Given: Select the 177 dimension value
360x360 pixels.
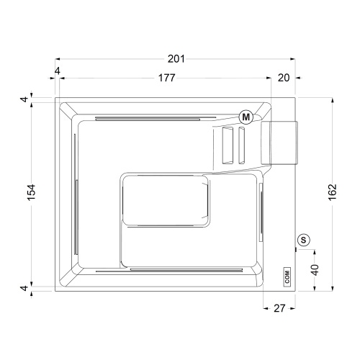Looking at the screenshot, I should [x=166, y=78].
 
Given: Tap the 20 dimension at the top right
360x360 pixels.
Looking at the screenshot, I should [x=284, y=78].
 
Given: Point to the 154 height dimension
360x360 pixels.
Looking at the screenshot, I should [x=30, y=193].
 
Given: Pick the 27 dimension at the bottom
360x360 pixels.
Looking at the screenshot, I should [x=280, y=308].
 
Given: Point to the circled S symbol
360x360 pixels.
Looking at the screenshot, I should [x=303, y=240].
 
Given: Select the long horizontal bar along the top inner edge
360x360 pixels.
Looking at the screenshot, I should [x=155, y=116].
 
